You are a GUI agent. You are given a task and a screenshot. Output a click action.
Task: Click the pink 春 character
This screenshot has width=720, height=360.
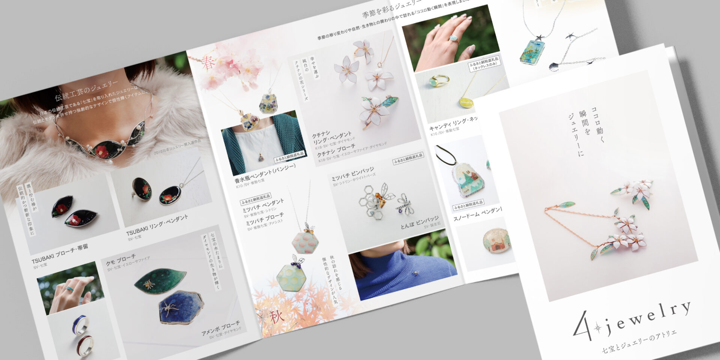[208, 63]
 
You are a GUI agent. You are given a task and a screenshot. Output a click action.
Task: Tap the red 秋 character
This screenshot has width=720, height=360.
[277, 317]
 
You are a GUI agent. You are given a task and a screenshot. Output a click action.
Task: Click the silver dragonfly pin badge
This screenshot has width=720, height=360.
[405, 204]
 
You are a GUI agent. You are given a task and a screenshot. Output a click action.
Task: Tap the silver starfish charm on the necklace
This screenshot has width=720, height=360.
[540, 38]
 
